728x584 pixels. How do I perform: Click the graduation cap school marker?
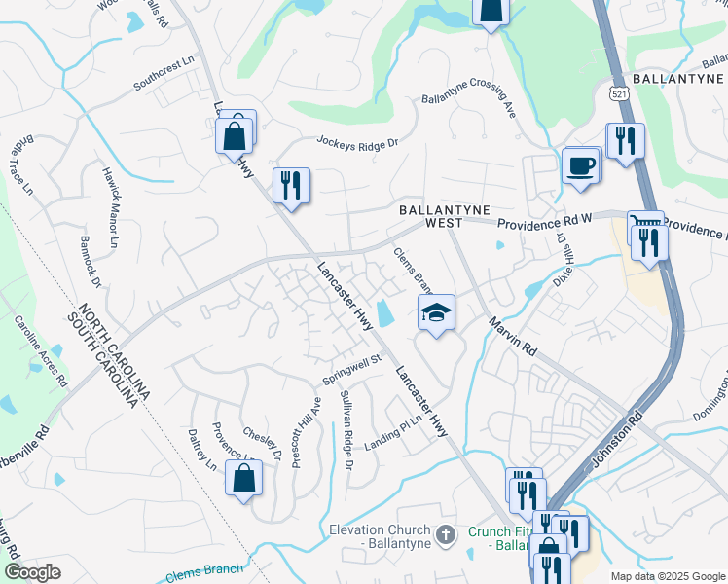(x=437, y=313)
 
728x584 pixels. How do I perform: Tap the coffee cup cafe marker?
(x=580, y=165)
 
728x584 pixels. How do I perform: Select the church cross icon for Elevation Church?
(x=445, y=534)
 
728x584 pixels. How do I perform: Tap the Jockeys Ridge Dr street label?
(x=358, y=142)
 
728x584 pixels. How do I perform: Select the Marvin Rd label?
(x=513, y=335)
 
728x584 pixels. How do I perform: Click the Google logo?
(x=33, y=572)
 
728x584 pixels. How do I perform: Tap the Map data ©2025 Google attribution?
(x=667, y=576)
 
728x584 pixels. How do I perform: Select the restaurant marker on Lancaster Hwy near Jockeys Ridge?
(x=290, y=185)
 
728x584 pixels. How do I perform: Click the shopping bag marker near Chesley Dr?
(x=243, y=478)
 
